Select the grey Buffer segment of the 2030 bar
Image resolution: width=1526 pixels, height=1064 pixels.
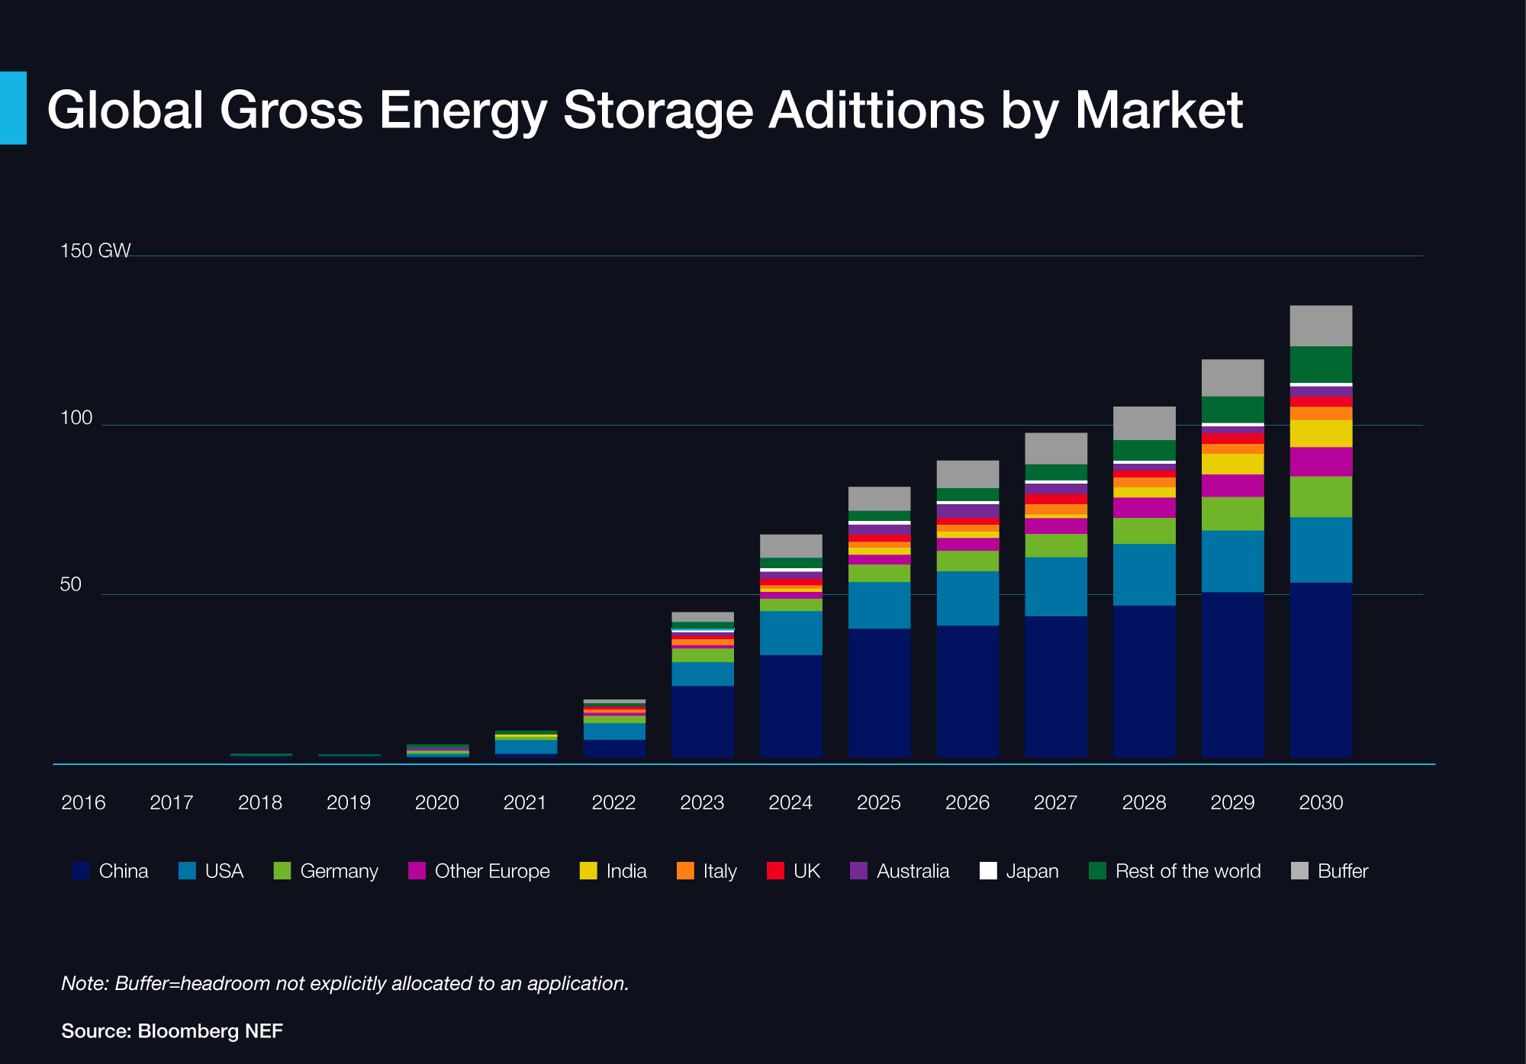click(x=1321, y=326)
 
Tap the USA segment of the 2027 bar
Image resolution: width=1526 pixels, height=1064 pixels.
click(x=1056, y=586)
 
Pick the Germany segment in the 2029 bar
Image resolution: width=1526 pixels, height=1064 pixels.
click(x=1232, y=513)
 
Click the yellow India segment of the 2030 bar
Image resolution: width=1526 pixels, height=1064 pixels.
click(x=1321, y=433)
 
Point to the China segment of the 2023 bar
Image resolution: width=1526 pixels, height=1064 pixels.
click(x=702, y=721)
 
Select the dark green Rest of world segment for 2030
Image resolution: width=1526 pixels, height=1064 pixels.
click(x=1321, y=365)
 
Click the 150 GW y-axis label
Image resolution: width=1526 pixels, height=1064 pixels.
click(x=95, y=250)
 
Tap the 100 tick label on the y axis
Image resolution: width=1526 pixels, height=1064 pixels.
click(x=76, y=417)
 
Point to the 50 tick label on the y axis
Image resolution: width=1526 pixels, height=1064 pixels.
click(x=70, y=584)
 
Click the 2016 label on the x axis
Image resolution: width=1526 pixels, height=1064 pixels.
click(x=83, y=802)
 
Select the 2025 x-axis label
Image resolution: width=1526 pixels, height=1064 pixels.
click(x=878, y=802)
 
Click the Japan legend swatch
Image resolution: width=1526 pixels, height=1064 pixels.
click(x=988, y=871)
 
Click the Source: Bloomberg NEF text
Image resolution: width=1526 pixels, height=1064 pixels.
click(x=172, y=1031)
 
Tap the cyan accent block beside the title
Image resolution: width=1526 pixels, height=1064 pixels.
click(x=13, y=108)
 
